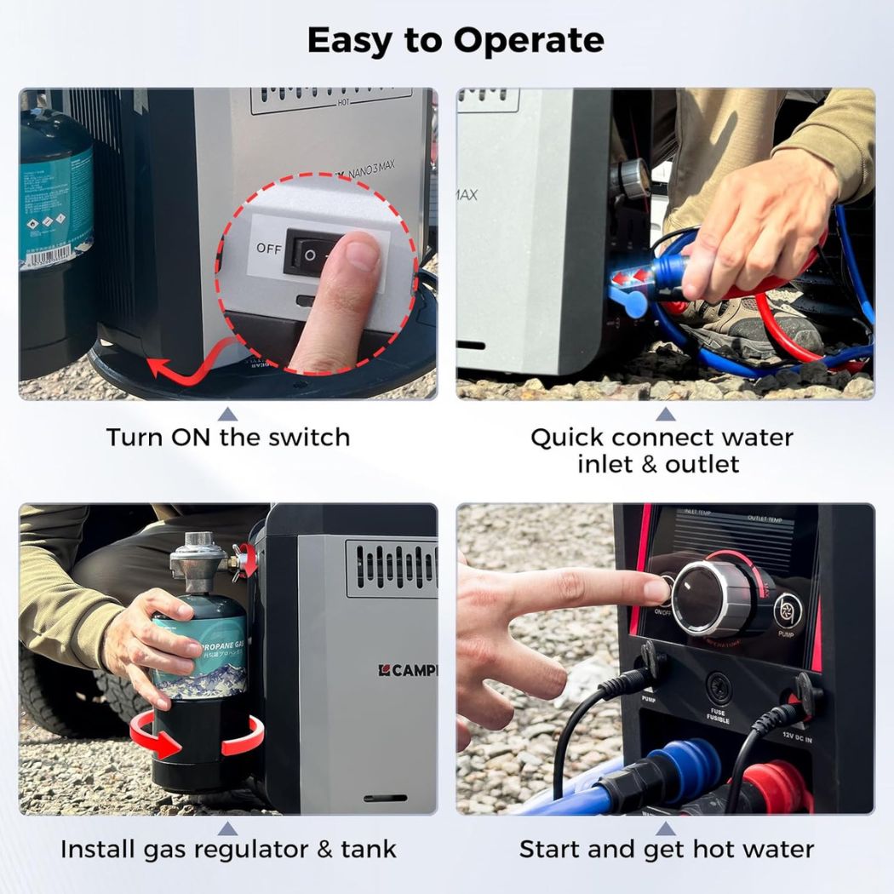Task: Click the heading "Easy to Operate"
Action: click(456, 41)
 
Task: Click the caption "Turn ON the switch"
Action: click(227, 438)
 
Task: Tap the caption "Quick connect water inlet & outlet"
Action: click(662, 450)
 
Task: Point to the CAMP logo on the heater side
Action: click(407, 670)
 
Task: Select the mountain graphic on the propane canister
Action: click(200, 677)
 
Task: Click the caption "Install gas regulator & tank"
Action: click(227, 849)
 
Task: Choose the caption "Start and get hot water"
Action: click(666, 849)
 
